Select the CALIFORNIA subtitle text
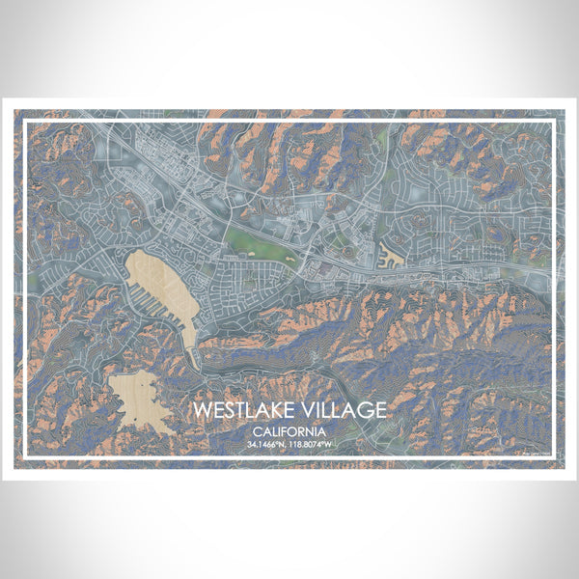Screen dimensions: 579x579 [x=289, y=431]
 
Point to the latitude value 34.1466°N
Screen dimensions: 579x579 [x=266, y=445]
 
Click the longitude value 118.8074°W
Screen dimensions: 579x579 [x=314, y=445]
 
